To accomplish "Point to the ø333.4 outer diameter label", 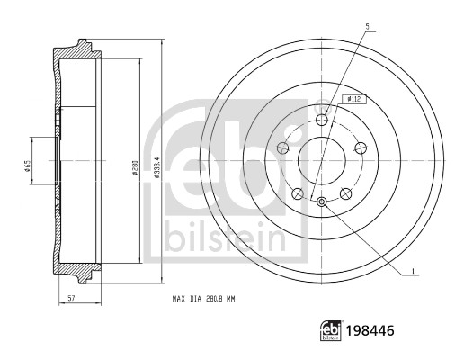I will [x=157, y=160].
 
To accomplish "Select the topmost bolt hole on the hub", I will [x=323, y=121].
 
